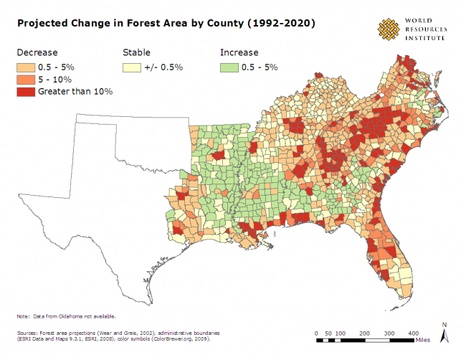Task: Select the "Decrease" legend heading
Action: click(37, 52)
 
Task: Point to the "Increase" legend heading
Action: click(238, 52)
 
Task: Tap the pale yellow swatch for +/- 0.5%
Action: click(133, 67)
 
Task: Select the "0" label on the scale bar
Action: click(316, 333)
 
